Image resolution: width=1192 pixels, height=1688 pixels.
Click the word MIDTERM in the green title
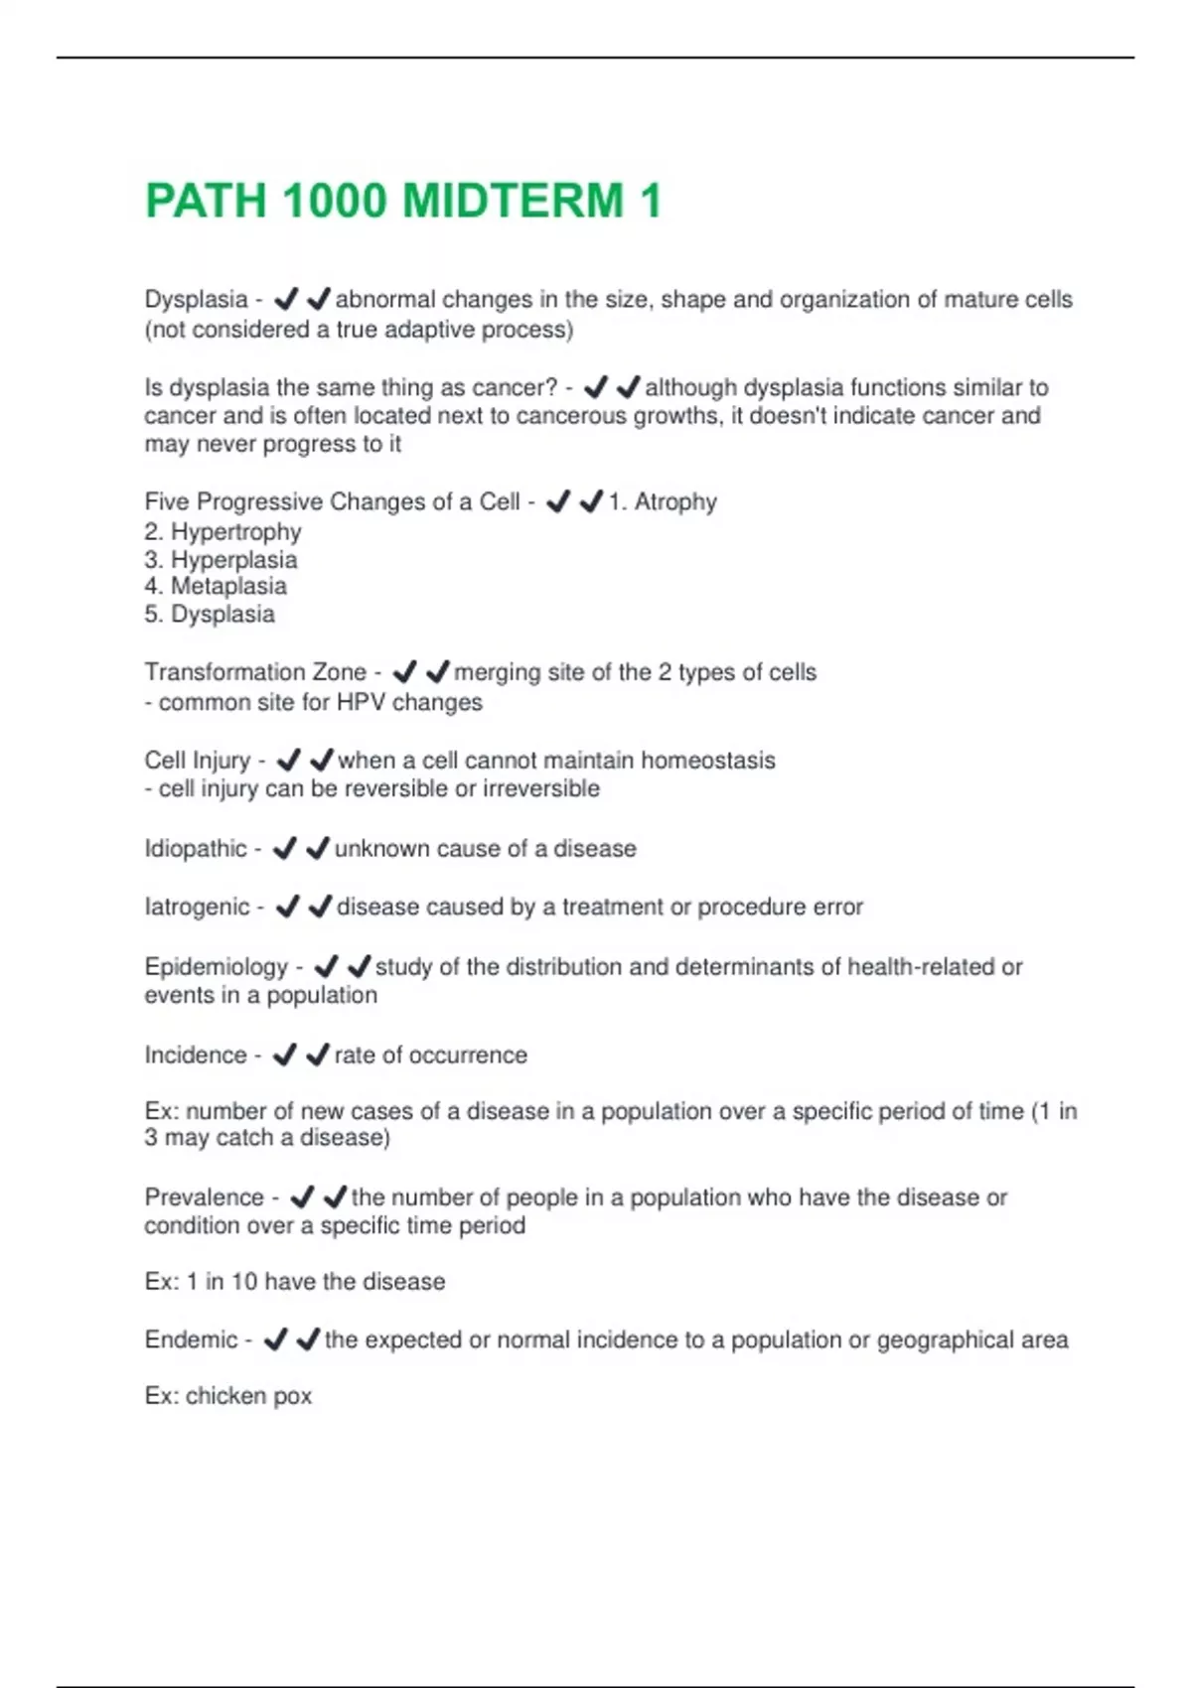click(x=513, y=201)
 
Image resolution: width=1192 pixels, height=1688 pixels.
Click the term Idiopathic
click(x=195, y=849)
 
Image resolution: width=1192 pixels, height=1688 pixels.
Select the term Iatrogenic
click(x=197, y=907)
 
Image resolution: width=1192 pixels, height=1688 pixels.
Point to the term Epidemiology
click(x=216, y=966)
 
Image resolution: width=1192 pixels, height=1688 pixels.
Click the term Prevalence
click(x=204, y=1197)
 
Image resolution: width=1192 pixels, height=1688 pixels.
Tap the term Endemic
click(x=191, y=1339)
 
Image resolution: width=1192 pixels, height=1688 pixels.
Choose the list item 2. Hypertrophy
click(x=223, y=531)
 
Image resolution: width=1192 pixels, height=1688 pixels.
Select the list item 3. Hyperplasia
click(x=221, y=559)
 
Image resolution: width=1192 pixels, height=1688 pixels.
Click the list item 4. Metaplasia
click(x=216, y=586)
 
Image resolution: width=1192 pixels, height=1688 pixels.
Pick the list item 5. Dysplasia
click(x=210, y=614)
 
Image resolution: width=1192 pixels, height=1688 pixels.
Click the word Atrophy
click(x=675, y=501)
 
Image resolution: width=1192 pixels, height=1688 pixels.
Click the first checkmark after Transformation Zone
click(x=404, y=672)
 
